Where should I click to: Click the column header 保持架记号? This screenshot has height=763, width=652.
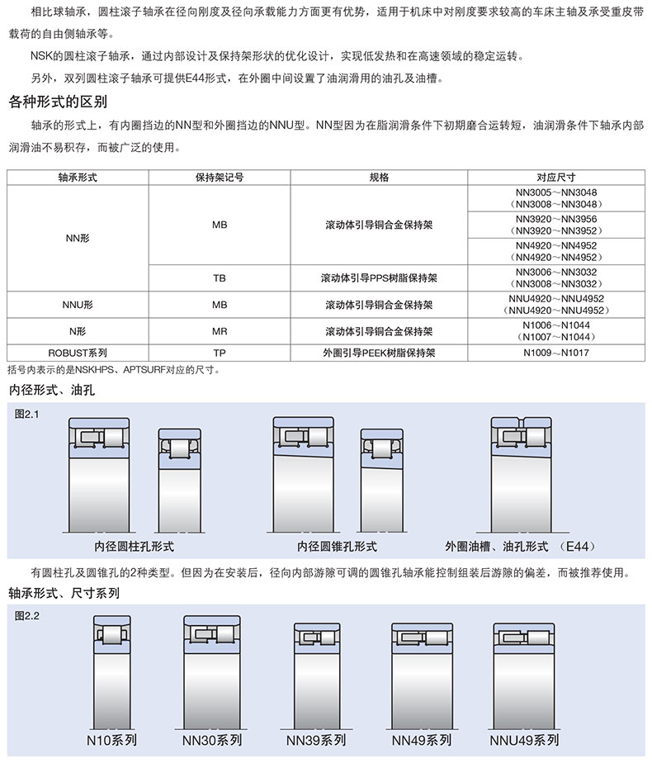(x=220, y=178)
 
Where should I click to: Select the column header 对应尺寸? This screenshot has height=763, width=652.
(x=561, y=178)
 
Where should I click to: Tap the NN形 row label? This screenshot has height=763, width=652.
(x=78, y=238)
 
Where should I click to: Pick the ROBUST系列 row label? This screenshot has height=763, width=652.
(x=78, y=352)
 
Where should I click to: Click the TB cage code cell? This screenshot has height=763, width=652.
(x=220, y=278)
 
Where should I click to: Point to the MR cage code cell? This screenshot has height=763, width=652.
(x=220, y=331)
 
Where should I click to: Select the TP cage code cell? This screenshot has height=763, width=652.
(x=220, y=353)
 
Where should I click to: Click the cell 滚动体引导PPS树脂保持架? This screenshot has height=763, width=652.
(x=379, y=278)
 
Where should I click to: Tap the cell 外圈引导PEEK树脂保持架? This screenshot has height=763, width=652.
(x=379, y=353)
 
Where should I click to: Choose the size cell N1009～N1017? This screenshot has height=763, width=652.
(x=561, y=353)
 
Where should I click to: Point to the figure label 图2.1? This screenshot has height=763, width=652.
(x=27, y=414)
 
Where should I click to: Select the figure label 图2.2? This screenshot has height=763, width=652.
(x=27, y=616)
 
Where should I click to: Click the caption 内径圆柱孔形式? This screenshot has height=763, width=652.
(x=135, y=546)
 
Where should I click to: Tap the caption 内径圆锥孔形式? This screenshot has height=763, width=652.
(x=337, y=546)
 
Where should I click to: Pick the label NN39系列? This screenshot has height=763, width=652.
(x=316, y=739)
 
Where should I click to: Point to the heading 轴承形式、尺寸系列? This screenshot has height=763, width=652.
(x=64, y=593)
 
